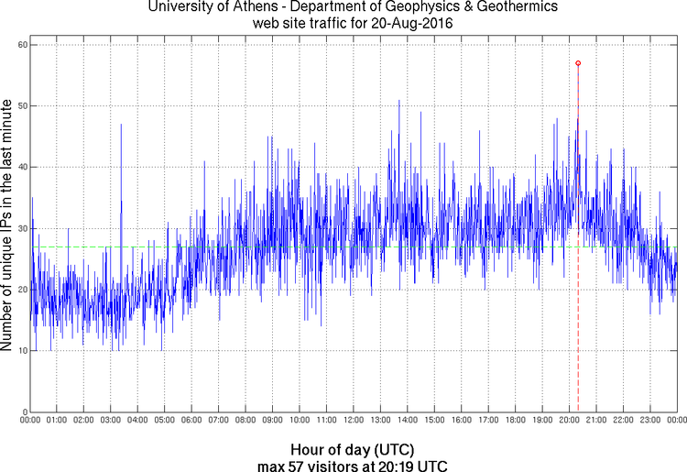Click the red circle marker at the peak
point(578,63)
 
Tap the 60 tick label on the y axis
point(20,45)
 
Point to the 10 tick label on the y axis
point(20,350)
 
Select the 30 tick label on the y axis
point(20,228)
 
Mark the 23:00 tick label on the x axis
point(649,421)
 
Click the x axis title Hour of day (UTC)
point(352,449)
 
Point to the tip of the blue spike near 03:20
point(121,124)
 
